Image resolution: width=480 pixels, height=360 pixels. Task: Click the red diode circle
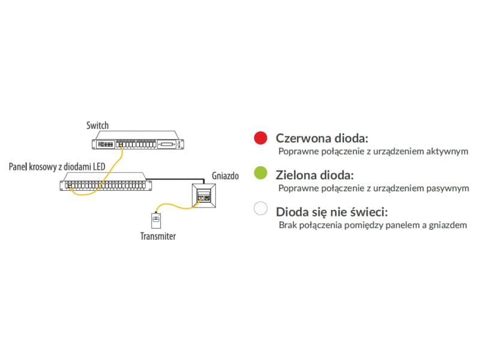point(260,138)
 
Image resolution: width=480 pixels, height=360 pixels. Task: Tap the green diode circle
point(260,173)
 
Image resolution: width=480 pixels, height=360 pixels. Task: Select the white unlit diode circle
point(260,208)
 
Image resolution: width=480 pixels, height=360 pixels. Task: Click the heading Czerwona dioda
point(322,138)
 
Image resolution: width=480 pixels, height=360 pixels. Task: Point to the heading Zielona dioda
point(314,175)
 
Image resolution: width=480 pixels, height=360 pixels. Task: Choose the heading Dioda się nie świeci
point(332,212)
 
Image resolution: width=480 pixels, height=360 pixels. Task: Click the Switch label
point(97,125)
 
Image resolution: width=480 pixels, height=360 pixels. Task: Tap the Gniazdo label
point(226,176)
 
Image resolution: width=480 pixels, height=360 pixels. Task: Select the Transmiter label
point(158,236)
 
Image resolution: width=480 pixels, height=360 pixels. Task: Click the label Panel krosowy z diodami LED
point(57,167)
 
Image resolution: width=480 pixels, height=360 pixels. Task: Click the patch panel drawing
point(106,182)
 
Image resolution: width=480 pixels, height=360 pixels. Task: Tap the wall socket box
point(204,196)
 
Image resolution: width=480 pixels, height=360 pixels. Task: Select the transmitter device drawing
point(156,220)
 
